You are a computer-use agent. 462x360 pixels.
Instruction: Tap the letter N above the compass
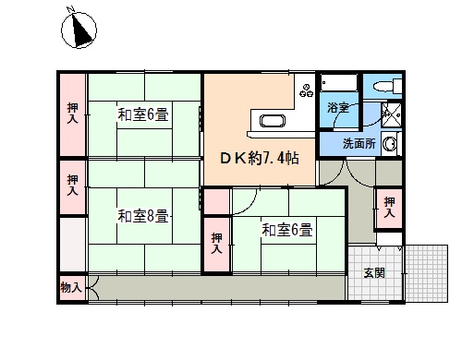72,9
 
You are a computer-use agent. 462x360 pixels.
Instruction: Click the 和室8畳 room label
143,216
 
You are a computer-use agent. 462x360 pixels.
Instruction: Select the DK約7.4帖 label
260,158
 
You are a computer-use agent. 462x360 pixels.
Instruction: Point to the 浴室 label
338,107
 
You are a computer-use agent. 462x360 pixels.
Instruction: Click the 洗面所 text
359,143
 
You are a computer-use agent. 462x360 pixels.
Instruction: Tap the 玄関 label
374,272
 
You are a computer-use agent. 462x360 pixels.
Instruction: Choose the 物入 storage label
71,288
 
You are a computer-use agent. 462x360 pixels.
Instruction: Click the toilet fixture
387,86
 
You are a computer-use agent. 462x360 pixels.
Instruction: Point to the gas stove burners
307,90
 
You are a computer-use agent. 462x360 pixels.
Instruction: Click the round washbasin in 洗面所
390,144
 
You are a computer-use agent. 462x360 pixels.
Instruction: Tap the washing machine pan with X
392,115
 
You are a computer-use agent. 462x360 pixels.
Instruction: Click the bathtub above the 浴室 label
339,82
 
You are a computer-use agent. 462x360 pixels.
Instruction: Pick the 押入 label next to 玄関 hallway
389,208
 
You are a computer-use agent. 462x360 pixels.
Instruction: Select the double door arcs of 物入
95,288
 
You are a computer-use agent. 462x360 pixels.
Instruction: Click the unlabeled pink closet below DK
217,201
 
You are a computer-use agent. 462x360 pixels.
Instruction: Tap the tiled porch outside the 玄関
427,273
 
